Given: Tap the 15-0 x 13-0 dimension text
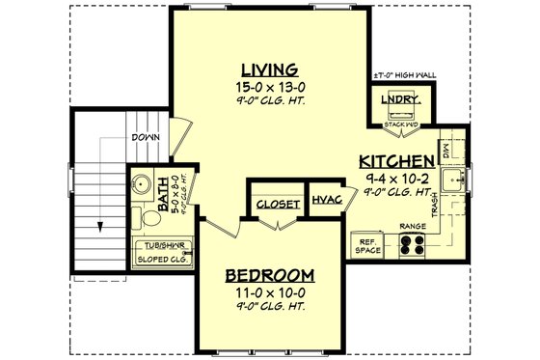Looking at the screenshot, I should (x=269, y=87).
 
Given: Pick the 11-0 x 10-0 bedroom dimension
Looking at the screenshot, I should (x=271, y=291).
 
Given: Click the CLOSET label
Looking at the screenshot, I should (x=277, y=204).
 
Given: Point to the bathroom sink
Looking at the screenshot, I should (x=141, y=184).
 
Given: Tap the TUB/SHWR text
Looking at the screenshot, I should (x=163, y=245).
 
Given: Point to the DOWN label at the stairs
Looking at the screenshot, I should (x=146, y=137).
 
